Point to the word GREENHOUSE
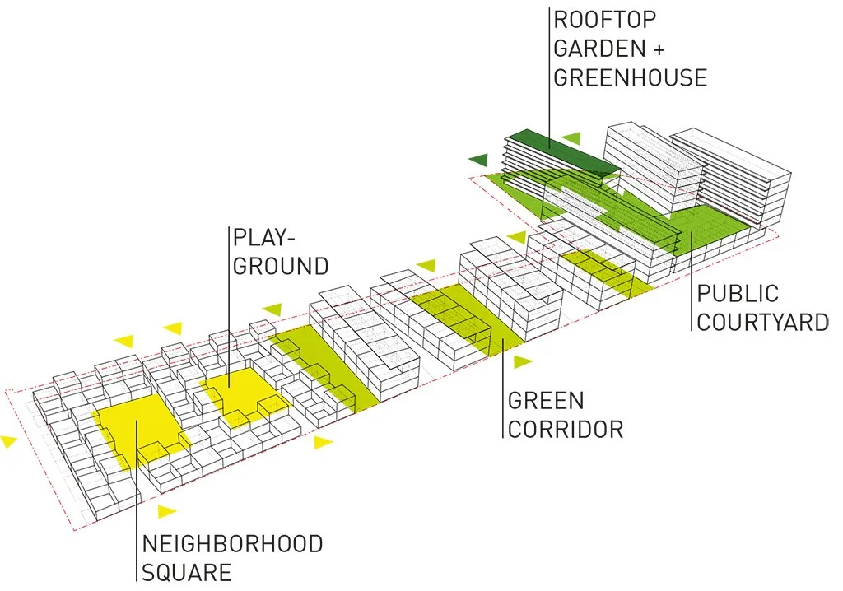tap(631, 77)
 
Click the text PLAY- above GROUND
tap(264, 238)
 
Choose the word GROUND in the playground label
tap(281, 266)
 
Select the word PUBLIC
tap(737, 293)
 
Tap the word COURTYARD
tap(762, 321)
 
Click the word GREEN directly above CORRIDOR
tap(546, 401)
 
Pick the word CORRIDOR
tap(566, 429)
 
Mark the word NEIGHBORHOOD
tap(232, 544)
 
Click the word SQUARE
tap(187, 572)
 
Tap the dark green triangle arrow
tap(478, 159)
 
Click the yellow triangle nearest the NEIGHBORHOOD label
tap(167, 511)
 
